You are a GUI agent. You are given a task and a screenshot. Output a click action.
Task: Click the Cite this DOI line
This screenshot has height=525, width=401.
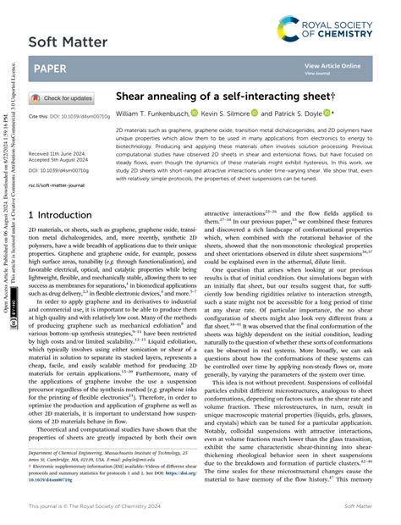(x=66, y=115)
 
